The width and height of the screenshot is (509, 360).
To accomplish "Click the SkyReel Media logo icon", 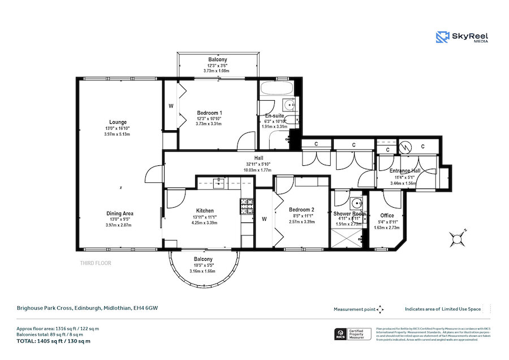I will pos(442,37).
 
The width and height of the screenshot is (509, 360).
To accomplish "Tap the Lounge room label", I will pos(118,122).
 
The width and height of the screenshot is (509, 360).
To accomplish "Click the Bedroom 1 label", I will pos(209,113).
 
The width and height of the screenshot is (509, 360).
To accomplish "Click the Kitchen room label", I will pos(205,209).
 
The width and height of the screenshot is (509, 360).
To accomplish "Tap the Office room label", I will pos(387,216).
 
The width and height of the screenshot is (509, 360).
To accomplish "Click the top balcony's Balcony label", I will pos(218,60).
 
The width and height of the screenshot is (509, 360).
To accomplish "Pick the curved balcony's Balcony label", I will pos(203,259).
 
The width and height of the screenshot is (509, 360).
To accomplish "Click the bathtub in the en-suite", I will pos(275,88).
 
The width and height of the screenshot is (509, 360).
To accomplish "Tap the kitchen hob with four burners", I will pos(247,205).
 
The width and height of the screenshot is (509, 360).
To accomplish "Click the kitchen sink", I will pos(218,182).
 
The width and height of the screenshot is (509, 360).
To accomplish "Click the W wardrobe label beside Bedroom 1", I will pos(171,106).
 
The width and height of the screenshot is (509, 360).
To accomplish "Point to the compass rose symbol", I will pos(456,238).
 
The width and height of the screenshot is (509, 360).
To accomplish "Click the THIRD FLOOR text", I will pos(96,263).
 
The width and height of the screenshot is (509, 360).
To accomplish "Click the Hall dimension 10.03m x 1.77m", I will pos(258,170).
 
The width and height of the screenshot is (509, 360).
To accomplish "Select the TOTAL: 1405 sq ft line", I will pos(53,341).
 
